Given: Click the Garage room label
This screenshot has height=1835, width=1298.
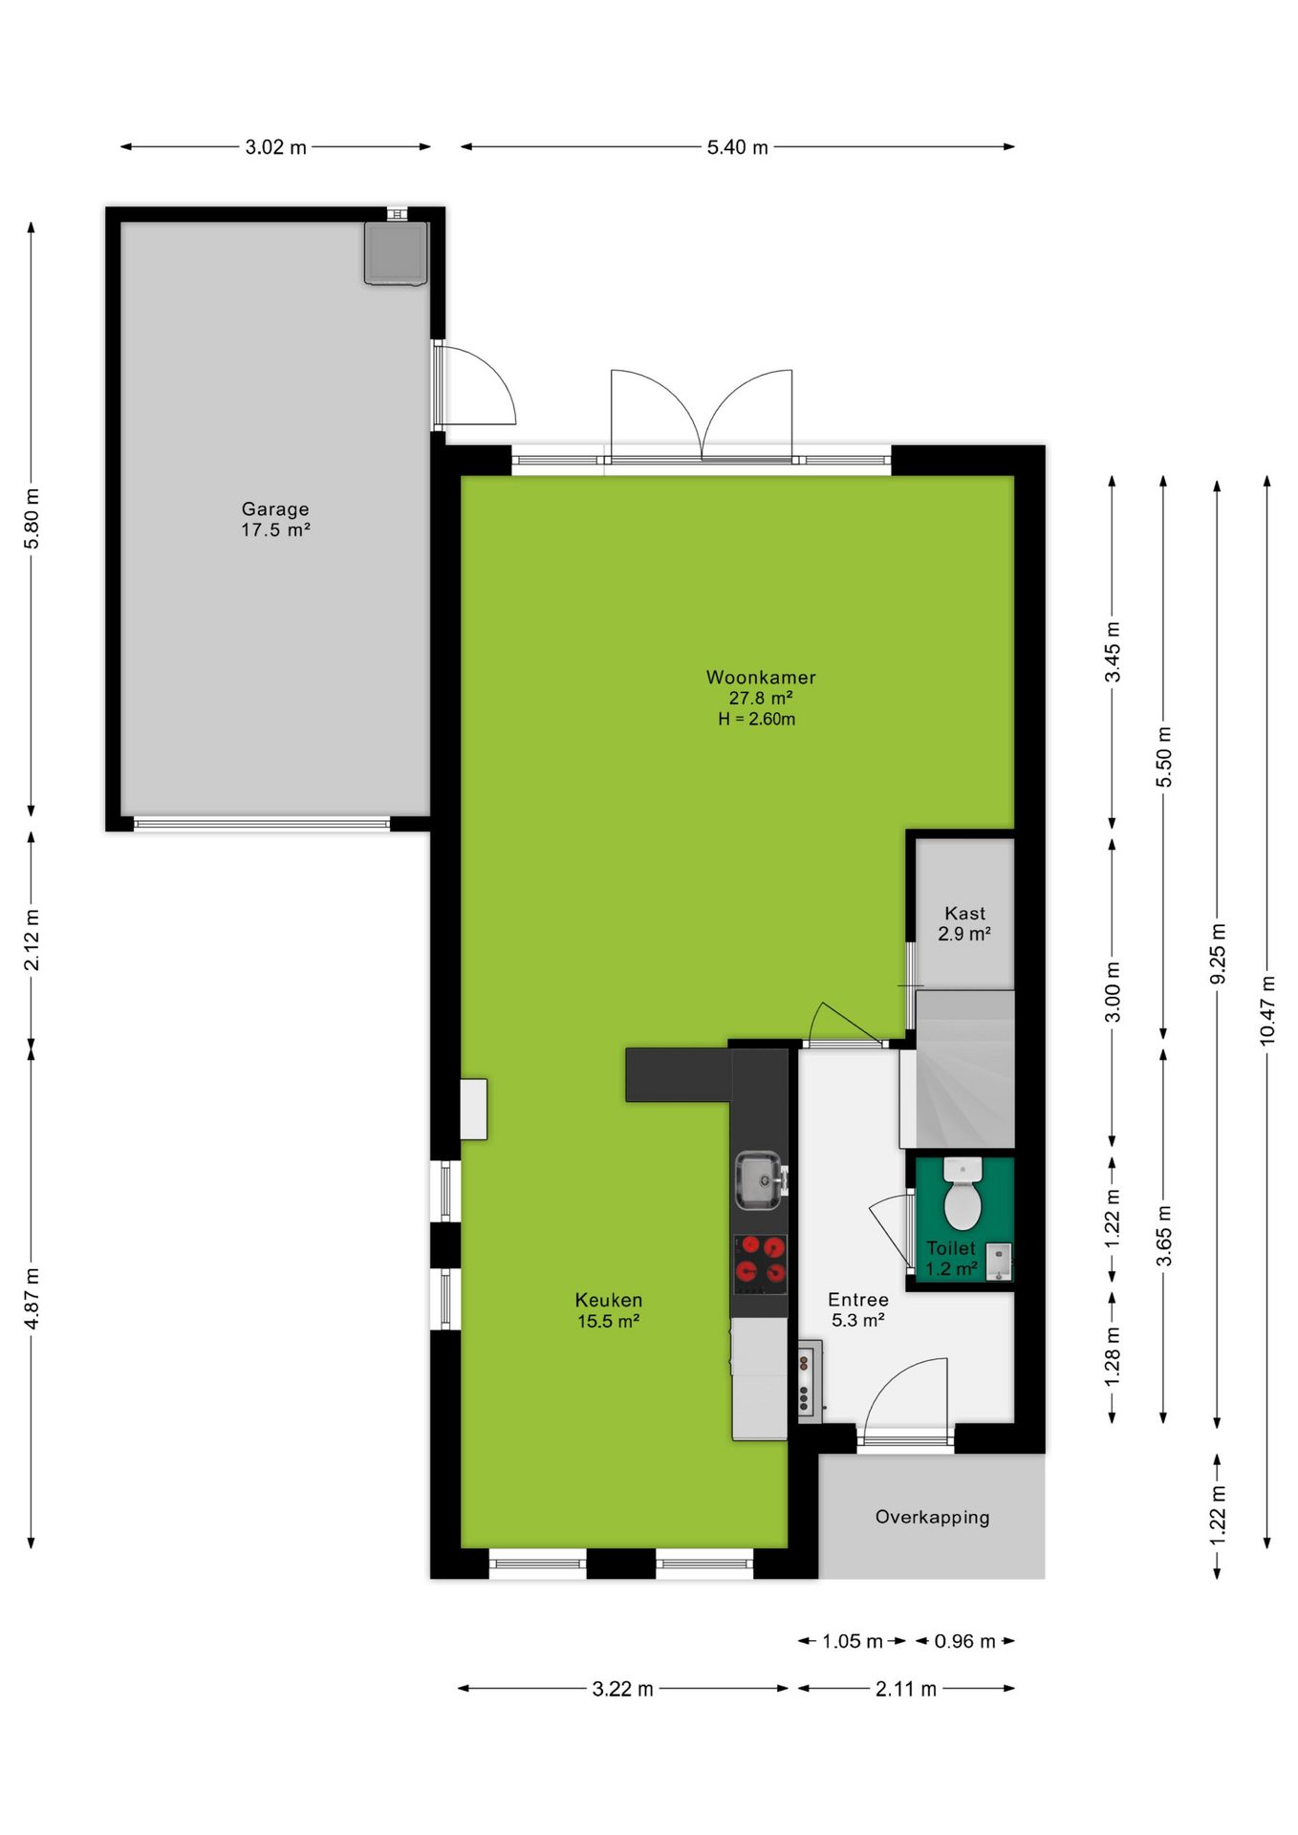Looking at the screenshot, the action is pos(275,519).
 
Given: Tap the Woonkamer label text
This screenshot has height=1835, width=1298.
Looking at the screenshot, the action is pos(761,677).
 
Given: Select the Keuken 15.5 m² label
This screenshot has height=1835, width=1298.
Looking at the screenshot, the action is pos(609,1310).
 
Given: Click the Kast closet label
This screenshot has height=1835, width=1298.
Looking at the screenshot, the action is pos(964,923).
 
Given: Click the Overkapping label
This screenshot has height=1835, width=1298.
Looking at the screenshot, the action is pos(933,1517).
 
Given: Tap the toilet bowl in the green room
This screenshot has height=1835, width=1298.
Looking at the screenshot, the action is pos(963,1195).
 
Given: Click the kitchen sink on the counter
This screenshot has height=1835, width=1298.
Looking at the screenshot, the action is pos(759,1179).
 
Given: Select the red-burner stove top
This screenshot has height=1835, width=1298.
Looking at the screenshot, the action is pos(760,1263).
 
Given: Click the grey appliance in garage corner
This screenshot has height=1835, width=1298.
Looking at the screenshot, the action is pos(396,253).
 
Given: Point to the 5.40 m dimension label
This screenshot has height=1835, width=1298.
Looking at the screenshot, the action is pos(738,147).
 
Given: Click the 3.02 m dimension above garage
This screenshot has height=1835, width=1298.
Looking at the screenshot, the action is pos(276,147).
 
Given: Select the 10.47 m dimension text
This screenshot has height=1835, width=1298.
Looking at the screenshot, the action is pos(1267,1009).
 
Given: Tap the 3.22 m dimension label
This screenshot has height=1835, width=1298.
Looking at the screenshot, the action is pos(623,1689).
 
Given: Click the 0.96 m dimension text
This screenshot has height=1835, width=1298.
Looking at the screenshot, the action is pos(965,1641).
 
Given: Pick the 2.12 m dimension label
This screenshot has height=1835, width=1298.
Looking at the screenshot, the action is pos(32,939).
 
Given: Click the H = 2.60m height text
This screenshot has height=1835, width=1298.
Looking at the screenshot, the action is pos(757,719).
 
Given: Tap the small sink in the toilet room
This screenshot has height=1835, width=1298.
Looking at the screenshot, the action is pos(999,1262).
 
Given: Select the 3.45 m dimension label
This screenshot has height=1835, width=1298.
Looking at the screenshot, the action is pos(1113,652).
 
